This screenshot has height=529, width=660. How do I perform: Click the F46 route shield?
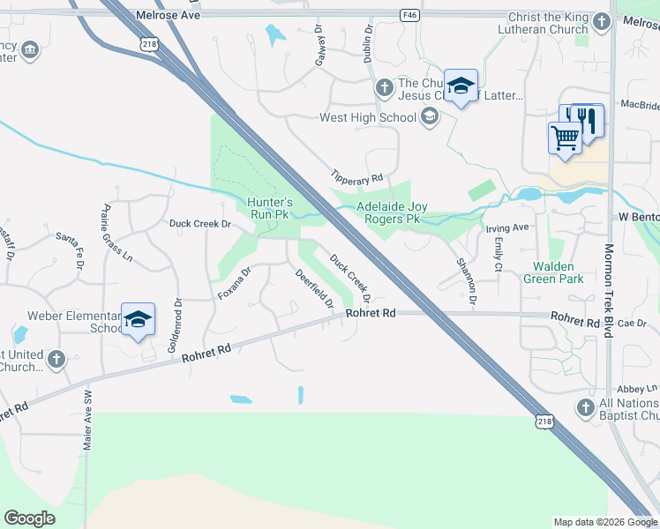point(409,15)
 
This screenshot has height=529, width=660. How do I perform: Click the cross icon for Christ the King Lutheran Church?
point(601,21)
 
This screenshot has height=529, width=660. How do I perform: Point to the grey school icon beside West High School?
point(430,116)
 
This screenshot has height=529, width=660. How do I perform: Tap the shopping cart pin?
point(565,138)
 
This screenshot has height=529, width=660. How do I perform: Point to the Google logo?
point(29,518)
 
